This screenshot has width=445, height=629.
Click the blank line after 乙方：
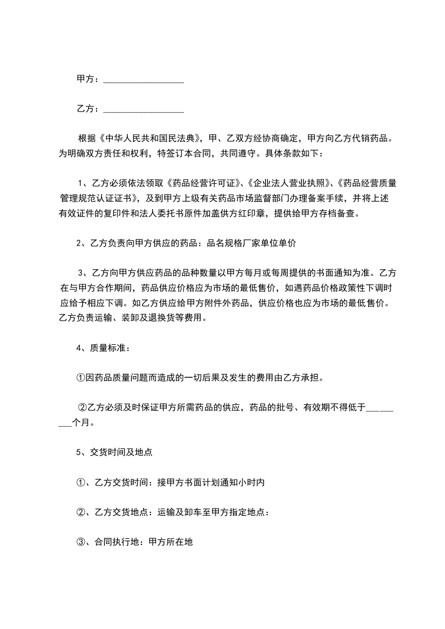[144, 109]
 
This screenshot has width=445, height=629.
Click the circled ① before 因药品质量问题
[81, 377]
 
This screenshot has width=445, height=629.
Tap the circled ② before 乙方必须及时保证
[82, 407]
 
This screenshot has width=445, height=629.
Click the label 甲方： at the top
[88, 80]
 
